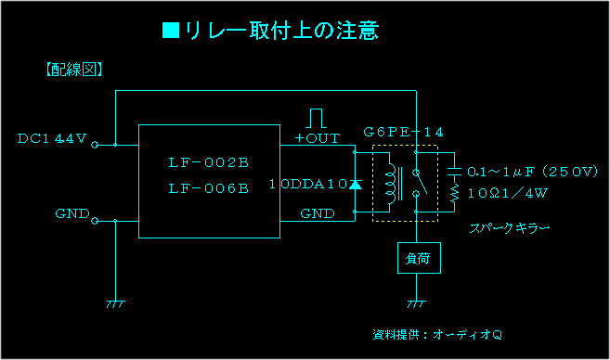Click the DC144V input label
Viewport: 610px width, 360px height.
(x=52, y=139)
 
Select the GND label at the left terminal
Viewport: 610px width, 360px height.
(x=71, y=213)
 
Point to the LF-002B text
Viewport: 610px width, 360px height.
(x=209, y=163)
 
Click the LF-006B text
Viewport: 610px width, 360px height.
(x=209, y=188)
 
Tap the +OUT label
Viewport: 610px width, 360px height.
(x=317, y=138)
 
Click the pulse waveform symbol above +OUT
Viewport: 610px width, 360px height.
(x=318, y=118)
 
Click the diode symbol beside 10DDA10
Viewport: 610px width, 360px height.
(x=354, y=184)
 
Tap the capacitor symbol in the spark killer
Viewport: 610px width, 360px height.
(x=454, y=171)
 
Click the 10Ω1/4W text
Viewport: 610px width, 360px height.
(x=507, y=194)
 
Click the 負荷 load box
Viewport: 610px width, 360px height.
(x=417, y=259)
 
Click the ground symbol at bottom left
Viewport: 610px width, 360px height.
(x=115, y=302)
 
